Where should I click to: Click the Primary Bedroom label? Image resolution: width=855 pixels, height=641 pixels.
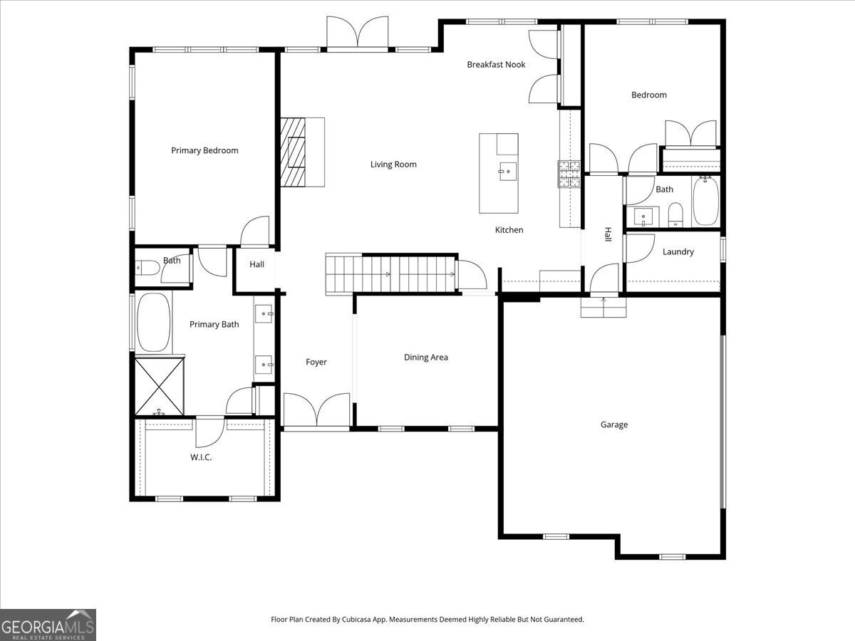pyautogui.click(x=204, y=150)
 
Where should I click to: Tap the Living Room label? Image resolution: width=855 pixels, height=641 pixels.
pyautogui.click(x=393, y=165)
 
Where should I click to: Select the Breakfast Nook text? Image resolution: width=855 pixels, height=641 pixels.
pyautogui.click(x=496, y=65)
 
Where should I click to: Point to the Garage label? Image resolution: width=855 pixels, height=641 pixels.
pyautogui.click(x=614, y=424)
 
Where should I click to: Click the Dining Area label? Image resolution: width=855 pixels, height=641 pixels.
pyautogui.click(x=426, y=358)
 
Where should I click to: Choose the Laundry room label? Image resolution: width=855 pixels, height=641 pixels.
pyautogui.click(x=678, y=252)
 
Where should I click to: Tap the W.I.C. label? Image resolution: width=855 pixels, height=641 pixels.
pyautogui.click(x=201, y=457)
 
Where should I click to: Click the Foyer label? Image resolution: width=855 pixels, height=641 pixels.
pyautogui.click(x=316, y=363)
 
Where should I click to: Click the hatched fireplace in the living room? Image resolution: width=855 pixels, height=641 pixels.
pyautogui.click(x=293, y=152)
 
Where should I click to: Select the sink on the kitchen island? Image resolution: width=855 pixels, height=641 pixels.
pyautogui.click(x=508, y=172)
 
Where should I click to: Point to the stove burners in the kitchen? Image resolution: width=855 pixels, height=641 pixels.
pyautogui.click(x=569, y=174)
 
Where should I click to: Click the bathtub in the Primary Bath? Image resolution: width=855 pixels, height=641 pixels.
pyautogui.click(x=154, y=323)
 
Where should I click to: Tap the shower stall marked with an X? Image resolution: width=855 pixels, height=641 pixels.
pyautogui.click(x=159, y=386)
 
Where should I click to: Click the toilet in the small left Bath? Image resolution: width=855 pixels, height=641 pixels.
pyautogui.click(x=147, y=268)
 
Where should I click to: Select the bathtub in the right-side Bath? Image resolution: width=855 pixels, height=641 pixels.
pyautogui.click(x=705, y=201)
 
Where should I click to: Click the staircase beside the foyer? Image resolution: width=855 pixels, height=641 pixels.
pyautogui.click(x=390, y=274)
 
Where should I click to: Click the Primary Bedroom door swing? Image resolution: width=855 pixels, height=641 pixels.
pyautogui.click(x=255, y=231)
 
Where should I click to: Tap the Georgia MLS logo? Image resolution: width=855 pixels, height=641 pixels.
pyautogui.click(x=48, y=625)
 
